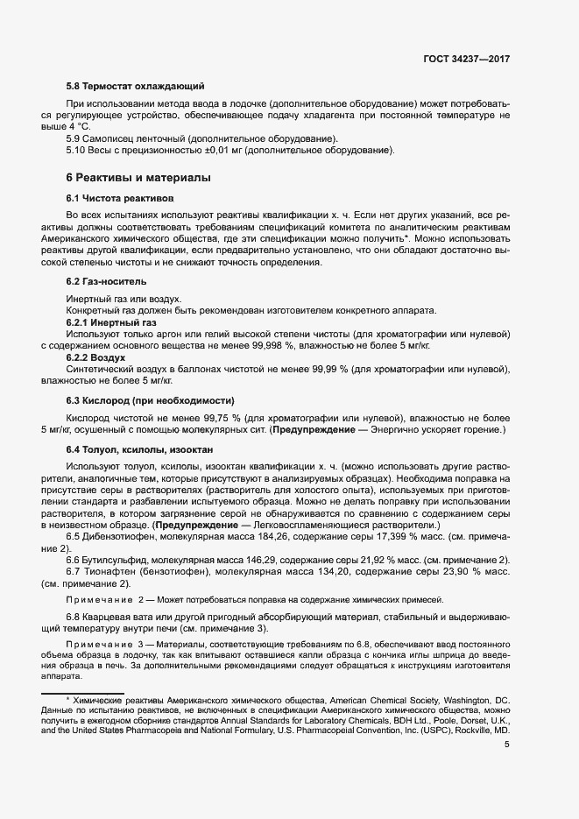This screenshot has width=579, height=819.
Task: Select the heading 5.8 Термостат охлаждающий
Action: pyautogui.click(x=135, y=87)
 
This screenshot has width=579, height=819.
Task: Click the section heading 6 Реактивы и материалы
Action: pyautogui.click(x=138, y=178)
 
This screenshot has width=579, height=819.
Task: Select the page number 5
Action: pyautogui.click(x=506, y=745)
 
